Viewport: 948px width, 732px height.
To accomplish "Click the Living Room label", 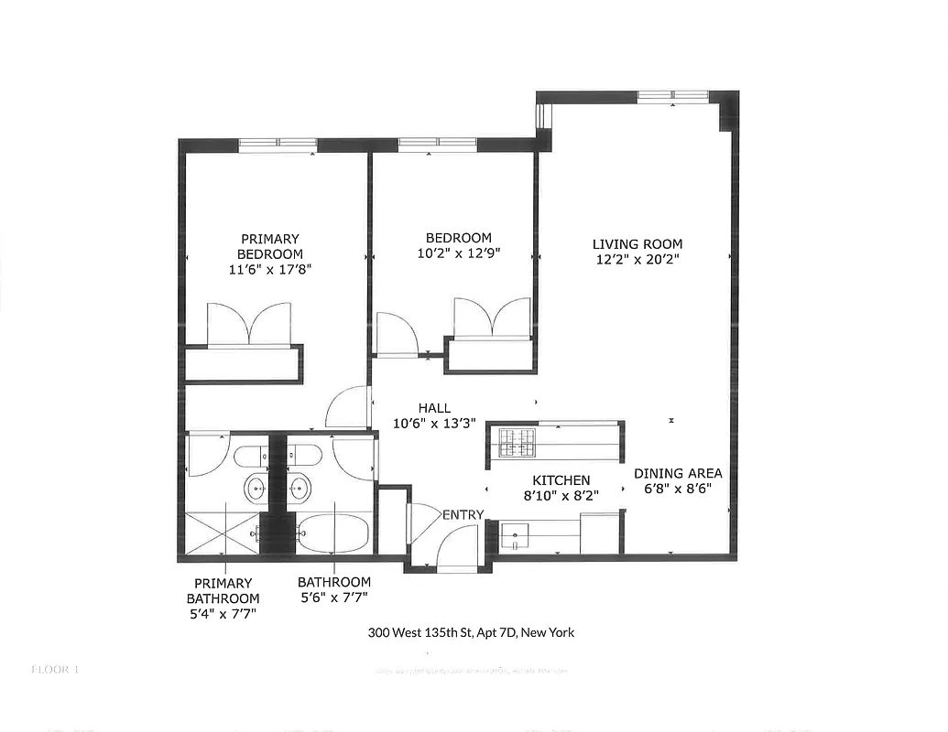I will (637, 244).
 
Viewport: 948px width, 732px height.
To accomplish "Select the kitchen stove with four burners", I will (518, 443).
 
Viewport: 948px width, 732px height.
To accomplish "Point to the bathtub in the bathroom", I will (333, 533).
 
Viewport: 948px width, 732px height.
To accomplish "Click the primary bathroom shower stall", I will (223, 533).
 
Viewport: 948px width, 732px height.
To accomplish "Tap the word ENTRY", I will (463, 515).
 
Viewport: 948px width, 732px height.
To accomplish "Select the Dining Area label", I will (678, 473).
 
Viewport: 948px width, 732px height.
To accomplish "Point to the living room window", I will (673, 96).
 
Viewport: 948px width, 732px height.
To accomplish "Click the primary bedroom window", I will (278, 145).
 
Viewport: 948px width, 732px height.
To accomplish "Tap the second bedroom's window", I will (437, 144).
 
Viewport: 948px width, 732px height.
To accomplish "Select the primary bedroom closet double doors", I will (249, 325).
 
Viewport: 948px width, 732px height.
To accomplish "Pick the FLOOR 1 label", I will (56, 669).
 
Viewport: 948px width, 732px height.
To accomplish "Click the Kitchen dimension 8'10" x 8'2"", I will (561, 495).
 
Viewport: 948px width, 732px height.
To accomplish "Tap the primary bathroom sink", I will (256, 489).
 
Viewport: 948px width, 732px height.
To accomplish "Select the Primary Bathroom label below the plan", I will (223, 598).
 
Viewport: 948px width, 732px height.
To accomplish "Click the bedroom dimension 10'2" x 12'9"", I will (457, 253).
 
